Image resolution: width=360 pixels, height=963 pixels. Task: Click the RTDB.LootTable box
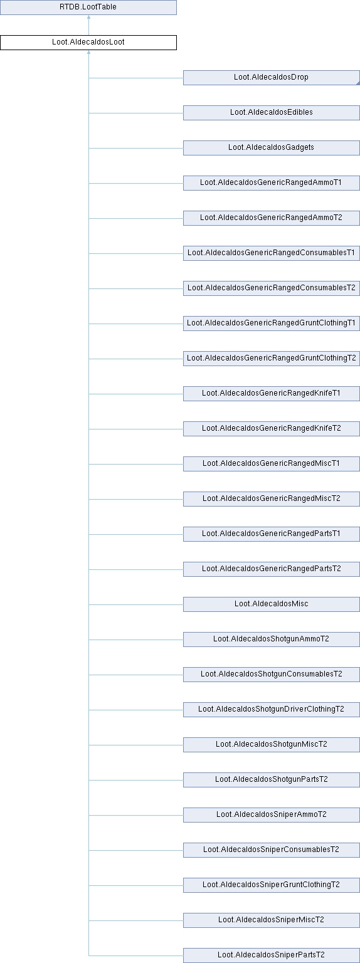tap(88, 8)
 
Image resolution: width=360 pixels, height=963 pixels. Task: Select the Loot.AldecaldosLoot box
tap(88, 43)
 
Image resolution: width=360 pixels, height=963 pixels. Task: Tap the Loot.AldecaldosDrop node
tap(272, 78)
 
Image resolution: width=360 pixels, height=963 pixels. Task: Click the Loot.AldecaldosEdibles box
tap(272, 113)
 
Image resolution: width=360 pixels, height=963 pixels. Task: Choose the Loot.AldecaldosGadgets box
tap(272, 148)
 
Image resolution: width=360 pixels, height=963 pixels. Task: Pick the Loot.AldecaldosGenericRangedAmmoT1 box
tap(272, 183)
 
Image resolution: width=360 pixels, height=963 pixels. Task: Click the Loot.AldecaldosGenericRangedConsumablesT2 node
tap(272, 288)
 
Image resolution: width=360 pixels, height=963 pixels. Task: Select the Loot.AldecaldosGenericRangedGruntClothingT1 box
tap(272, 324)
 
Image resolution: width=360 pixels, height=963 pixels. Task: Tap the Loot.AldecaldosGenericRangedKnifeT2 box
tap(272, 429)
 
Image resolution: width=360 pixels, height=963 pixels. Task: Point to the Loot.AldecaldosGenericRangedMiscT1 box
tap(272, 464)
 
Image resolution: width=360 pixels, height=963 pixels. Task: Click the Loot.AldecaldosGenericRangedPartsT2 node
tap(272, 569)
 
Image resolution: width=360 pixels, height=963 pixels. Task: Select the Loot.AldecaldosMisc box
tap(272, 604)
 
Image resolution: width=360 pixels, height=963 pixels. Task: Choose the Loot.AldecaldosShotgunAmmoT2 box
tap(272, 639)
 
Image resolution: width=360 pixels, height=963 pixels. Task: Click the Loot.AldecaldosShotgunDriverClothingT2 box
tap(272, 710)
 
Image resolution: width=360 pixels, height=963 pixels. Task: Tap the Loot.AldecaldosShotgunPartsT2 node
tap(272, 780)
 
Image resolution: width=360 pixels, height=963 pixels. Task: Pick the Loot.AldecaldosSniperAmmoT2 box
tap(272, 815)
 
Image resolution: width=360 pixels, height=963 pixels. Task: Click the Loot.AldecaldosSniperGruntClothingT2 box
tap(272, 885)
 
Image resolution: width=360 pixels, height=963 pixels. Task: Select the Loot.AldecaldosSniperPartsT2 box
tap(272, 955)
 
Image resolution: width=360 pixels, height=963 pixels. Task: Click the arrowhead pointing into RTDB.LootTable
tap(88, 17)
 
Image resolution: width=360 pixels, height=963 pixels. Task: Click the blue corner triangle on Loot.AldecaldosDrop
tap(358, 83)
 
